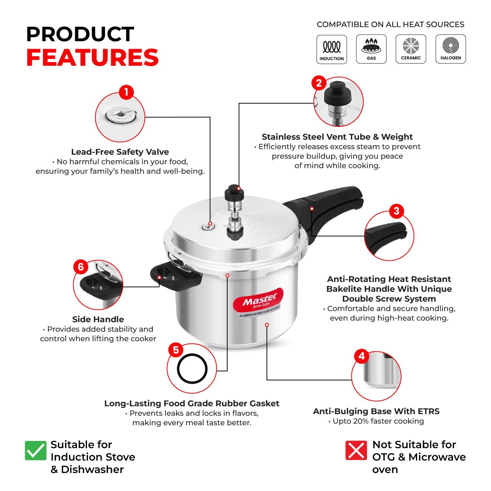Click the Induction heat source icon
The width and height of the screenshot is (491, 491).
(332, 49)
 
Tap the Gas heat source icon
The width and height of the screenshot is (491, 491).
(371, 49)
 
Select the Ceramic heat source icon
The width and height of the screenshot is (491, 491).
(411, 49)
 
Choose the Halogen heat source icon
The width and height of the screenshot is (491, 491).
(450, 49)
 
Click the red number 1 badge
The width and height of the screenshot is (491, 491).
(126, 92)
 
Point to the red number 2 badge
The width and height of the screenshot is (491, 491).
(319, 83)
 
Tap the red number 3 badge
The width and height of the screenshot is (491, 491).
(396, 211)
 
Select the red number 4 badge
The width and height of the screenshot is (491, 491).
(361, 356)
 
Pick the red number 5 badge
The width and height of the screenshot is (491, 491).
(176, 350)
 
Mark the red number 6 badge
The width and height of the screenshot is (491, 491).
(81, 267)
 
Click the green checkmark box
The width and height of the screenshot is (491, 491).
(36, 450)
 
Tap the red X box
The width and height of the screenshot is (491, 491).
(356, 450)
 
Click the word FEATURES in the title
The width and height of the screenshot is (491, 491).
(93, 58)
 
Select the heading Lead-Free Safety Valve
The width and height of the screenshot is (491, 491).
(120, 152)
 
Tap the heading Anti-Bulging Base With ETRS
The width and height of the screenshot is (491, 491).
(376, 411)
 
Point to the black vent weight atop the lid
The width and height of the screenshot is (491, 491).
(234, 193)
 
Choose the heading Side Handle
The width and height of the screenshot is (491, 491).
(98, 319)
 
